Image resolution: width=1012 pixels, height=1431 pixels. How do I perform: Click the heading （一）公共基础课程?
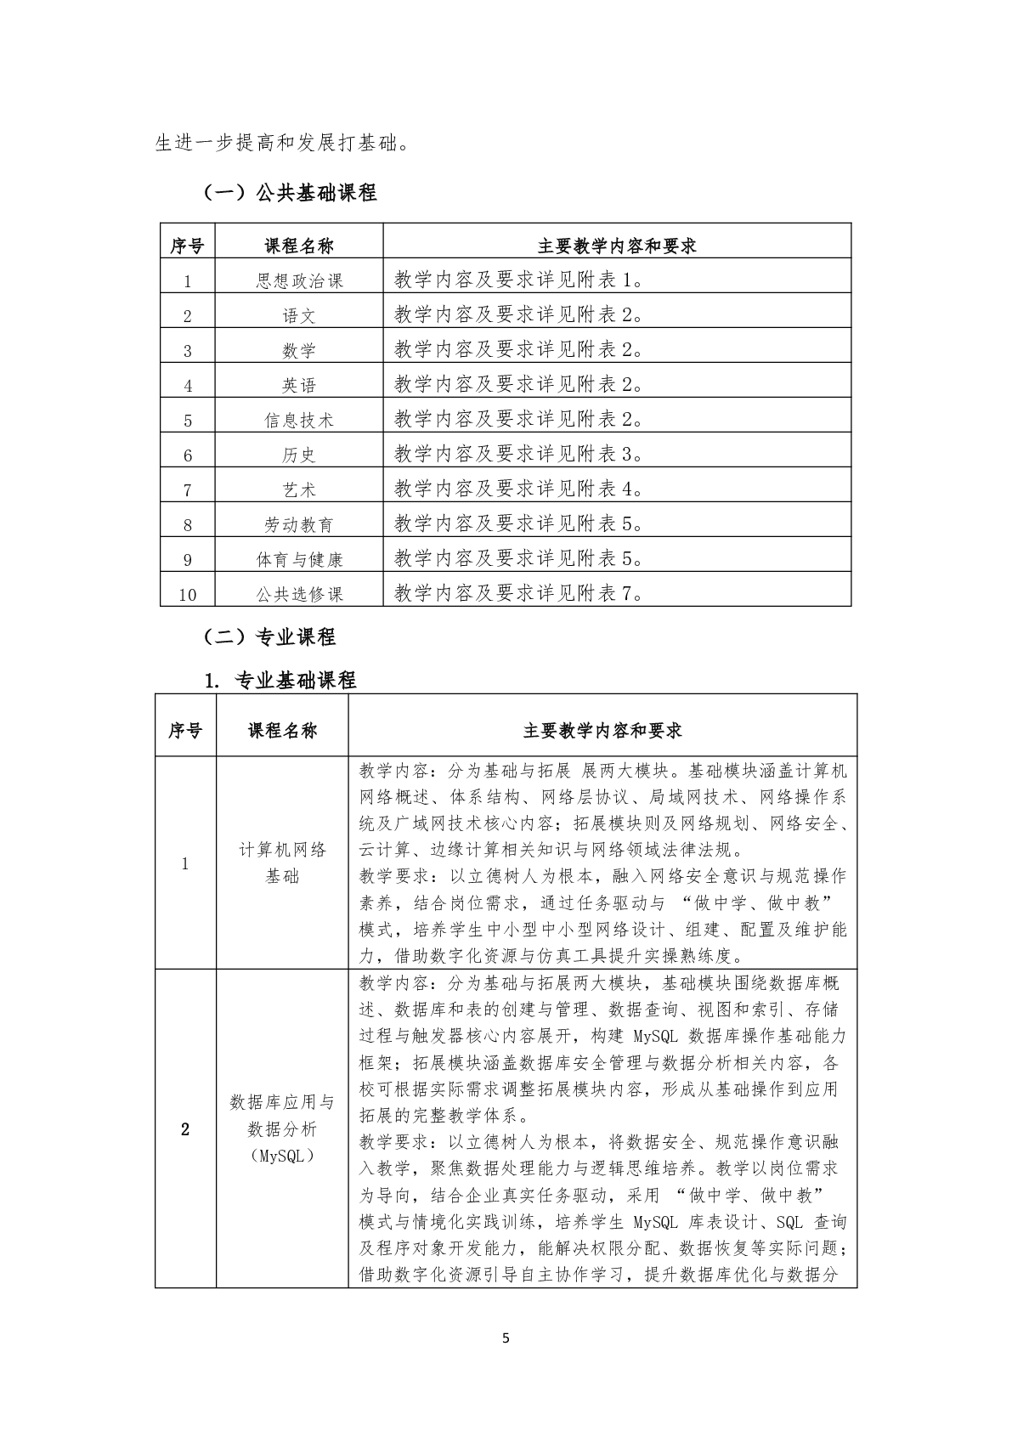pos(288,193)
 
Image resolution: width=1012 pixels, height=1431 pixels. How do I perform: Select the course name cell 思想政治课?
pos(299,280)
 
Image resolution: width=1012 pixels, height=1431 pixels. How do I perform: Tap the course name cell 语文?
pos(299,315)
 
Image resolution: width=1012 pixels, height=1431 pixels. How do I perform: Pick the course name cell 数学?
pos(299,350)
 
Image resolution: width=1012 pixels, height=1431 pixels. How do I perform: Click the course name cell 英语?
pos(299,385)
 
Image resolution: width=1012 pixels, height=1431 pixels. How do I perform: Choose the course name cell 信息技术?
pos(299,420)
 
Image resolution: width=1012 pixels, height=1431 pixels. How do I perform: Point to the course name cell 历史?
pos(299,455)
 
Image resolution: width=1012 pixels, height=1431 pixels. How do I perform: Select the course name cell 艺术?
pos(299,489)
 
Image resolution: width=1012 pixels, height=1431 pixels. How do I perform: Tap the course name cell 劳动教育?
pos(299,524)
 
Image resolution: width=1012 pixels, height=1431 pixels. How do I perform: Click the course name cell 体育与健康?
pos(299,559)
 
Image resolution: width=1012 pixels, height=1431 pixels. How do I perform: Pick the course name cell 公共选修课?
pos(299,594)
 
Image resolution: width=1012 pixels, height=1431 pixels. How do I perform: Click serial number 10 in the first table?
pos(188,594)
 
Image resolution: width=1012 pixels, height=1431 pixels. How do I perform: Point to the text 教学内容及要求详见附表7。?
pos(519,592)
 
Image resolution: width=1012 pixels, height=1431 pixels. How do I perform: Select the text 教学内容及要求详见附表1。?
pos(519,280)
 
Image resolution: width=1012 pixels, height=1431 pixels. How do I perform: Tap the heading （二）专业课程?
pos(268,636)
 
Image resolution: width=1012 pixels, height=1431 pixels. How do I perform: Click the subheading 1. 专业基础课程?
pos(280,680)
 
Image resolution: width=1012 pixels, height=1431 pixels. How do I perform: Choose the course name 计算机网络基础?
pos(282,863)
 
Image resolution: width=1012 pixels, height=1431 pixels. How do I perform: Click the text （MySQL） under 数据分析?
pos(282,1156)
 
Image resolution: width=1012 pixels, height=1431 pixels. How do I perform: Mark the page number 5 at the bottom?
pos(506,1338)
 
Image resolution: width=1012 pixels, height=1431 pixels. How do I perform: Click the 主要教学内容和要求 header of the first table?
pos(617,246)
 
